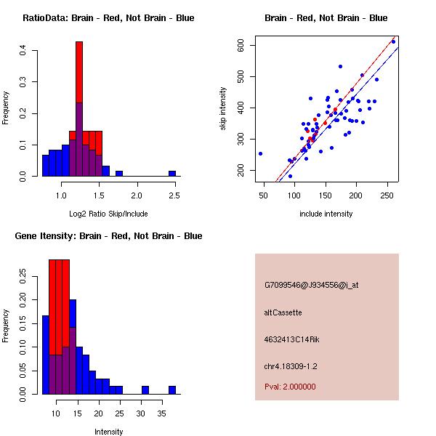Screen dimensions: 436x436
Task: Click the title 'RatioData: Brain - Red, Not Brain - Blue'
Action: tap(108, 18)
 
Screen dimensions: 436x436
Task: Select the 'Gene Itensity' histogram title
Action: tap(108, 236)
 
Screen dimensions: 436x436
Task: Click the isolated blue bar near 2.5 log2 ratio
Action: tap(172, 174)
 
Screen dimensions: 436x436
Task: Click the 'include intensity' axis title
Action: tap(326, 214)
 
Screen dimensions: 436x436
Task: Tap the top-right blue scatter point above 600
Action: tap(393, 41)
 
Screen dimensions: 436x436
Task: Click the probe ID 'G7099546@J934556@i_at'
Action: tap(312, 285)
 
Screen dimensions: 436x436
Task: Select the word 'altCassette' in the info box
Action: tap(283, 312)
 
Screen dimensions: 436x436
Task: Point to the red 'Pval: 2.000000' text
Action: tap(290, 387)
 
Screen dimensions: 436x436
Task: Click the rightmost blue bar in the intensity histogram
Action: tap(172, 389)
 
